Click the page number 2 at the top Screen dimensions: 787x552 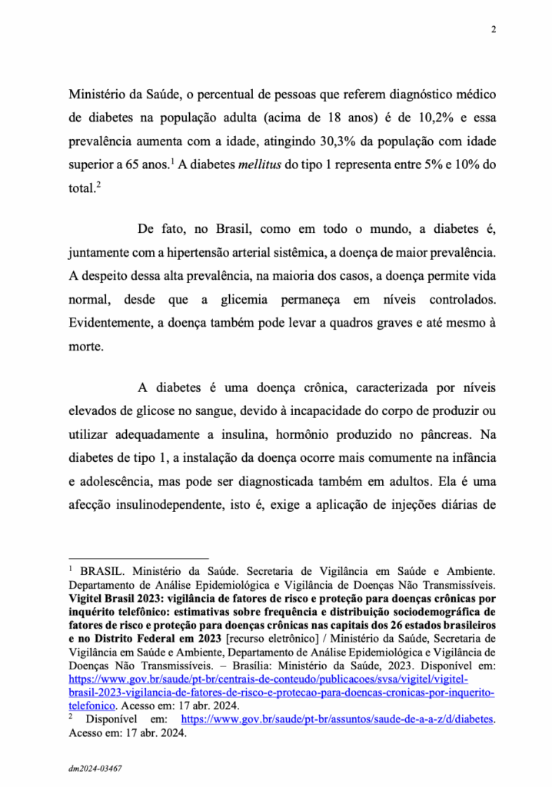tap(492, 30)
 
